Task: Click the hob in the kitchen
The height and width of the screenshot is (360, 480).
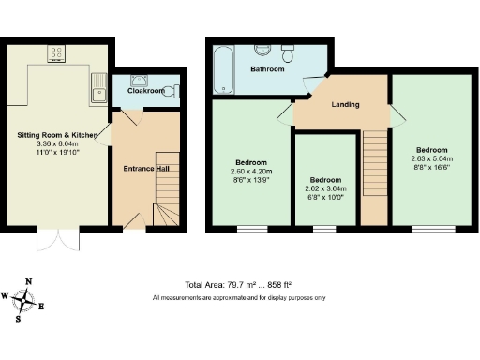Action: (x=56, y=53)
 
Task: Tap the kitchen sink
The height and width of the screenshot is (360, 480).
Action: (x=98, y=91)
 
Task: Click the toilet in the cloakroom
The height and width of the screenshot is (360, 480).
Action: (x=170, y=91)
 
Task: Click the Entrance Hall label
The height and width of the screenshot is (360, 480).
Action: (x=147, y=169)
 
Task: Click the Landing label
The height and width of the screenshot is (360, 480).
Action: (x=346, y=104)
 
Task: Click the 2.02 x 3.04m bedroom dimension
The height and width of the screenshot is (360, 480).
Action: (x=325, y=188)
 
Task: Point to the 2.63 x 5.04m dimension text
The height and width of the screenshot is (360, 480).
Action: (x=432, y=158)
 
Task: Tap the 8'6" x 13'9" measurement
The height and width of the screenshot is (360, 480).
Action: (x=250, y=179)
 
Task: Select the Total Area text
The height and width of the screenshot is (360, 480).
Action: (x=238, y=284)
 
